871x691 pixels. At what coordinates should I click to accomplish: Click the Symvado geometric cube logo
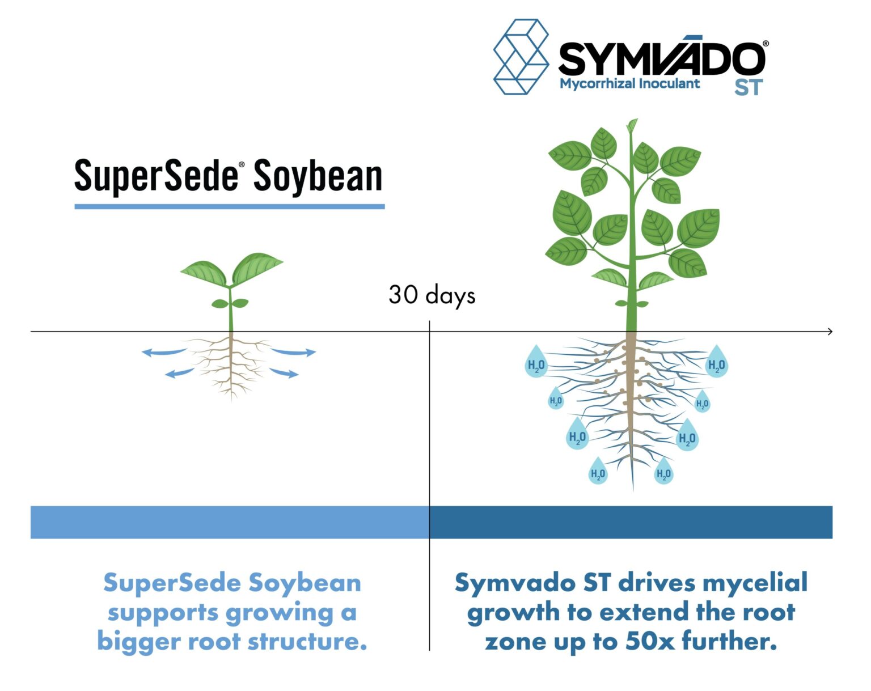521,57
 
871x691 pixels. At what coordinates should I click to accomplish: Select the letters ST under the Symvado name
749,88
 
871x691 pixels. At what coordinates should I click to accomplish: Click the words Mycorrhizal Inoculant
629,84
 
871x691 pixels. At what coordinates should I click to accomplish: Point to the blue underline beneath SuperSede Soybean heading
230,206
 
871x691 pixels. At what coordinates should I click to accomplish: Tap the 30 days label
432,295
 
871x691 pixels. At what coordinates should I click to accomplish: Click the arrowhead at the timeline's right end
830,331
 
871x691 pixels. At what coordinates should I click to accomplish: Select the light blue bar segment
230,522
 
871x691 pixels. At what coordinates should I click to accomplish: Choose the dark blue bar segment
631,522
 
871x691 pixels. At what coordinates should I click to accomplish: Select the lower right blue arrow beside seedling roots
284,372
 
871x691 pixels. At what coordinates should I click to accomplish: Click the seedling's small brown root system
231,363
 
